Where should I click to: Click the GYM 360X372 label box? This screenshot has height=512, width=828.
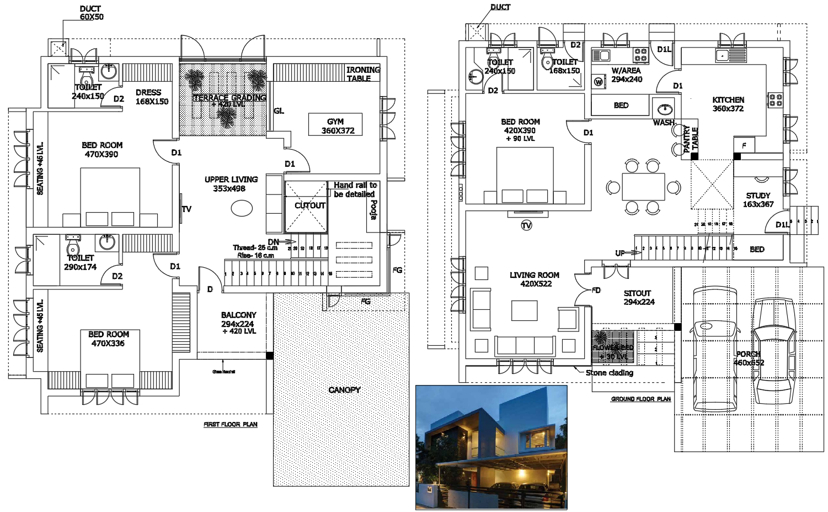pyautogui.click(x=335, y=125)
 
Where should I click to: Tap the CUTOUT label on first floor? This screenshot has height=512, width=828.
pyautogui.click(x=310, y=205)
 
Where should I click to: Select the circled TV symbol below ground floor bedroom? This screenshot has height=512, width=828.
pyautogui.click(x=526, y=225)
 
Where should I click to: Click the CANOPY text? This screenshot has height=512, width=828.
pyautogui.click(x=344, y=390)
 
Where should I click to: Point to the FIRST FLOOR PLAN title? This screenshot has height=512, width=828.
pyautogui.click(x=231, y=425)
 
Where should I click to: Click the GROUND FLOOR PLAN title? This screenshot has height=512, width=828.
pyautogui.click(x=640, y=399)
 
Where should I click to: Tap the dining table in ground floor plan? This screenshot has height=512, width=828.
pyautogui.click(x=643, y=187)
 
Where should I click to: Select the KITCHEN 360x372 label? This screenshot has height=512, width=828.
pyautogui.click(x=728, y=104)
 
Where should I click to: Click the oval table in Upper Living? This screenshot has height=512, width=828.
pyautogui.click(x=241, y=208)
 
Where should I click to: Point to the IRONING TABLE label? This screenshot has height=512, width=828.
pyautogui.click(x=362, y=74)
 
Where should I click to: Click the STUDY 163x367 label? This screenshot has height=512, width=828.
pyautogui.click(x=758, y=200)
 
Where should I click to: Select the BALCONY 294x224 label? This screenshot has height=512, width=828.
pyautogui.click(x=239, y=323)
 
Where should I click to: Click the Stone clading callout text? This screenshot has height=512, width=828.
pyautogui.click(x=609, y=373)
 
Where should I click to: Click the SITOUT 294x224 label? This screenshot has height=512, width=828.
pyautogui.click(x=638, y=298)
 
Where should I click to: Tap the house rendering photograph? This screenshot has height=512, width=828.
pyautogui.click(x=491, y=447)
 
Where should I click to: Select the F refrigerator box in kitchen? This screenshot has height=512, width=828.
pyautogui.click(x=744, y=145)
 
